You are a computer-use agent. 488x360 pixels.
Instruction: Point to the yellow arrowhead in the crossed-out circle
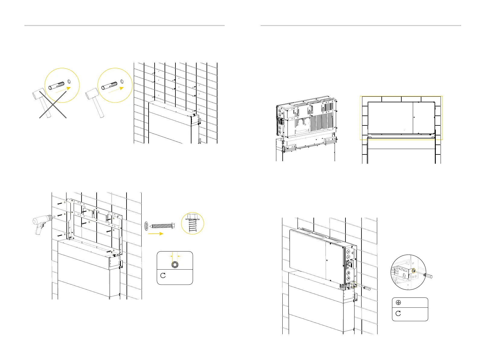(69, 88)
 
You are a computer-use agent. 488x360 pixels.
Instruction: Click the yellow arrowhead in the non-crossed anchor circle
(122, 88)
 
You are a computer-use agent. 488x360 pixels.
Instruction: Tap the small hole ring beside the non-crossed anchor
(122, 81)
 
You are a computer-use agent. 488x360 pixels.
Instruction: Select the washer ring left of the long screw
(146, 225)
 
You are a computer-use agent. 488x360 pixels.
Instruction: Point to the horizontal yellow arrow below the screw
(156, 233)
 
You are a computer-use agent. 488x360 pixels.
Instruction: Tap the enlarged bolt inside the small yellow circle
(192, 224)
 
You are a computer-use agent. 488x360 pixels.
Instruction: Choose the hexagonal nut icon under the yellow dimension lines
(175, 265)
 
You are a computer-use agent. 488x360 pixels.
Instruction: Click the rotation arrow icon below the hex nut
(163, 275)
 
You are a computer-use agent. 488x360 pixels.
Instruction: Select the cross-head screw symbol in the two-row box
(398, 303)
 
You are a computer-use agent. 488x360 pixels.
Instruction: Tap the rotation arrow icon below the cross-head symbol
(398, 313)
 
